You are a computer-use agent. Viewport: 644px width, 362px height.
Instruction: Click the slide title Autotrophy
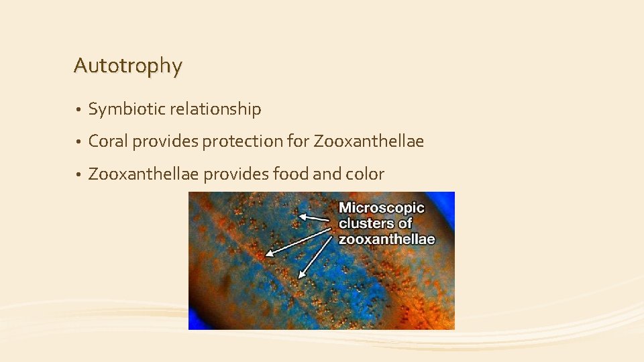coord(128,66)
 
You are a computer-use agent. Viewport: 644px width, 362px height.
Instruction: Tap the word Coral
coord(108,141)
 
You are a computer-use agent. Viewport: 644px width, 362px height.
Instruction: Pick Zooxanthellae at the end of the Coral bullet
coord(369,141)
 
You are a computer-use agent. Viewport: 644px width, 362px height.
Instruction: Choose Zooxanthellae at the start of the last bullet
coord(144,174)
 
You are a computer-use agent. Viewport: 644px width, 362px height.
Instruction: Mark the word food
coord(291,174)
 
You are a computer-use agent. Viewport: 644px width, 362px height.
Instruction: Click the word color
coord(365,174)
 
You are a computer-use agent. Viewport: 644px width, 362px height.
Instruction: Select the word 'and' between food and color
coord(327,174)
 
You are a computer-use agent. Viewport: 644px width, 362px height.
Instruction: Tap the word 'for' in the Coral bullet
coord(299,141)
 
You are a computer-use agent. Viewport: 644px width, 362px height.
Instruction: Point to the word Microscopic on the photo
coord(382,208)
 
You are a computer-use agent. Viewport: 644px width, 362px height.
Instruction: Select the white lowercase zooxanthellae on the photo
coord(386,239)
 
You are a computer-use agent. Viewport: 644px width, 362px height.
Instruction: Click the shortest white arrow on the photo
coord(314,219)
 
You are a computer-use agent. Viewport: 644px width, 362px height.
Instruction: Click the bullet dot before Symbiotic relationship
coord(78,109)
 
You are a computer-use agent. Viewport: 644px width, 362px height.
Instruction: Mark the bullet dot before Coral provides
coord(78,142)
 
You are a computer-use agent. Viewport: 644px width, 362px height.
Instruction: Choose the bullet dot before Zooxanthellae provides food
coord(78,175)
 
